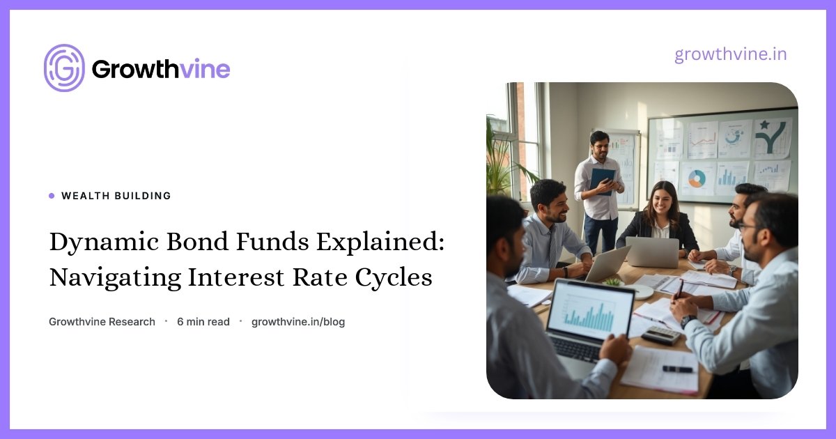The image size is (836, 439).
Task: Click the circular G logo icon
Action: (64, 68)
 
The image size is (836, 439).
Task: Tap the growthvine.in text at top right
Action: (731, 54)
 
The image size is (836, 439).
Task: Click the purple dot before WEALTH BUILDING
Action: (52, 196)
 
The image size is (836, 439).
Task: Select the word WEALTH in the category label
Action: (86, 196)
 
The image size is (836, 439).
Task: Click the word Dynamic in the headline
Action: (104, 242)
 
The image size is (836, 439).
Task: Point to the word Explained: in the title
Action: (380, 242)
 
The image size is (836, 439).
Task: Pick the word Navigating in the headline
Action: (116, 278)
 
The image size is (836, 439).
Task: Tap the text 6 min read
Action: (203, 322)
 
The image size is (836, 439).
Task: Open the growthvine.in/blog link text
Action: (298, 322)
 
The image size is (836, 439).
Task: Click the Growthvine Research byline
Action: (102, 322)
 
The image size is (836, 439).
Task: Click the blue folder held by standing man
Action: (602, 181)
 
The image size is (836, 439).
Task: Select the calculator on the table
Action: (661, 335)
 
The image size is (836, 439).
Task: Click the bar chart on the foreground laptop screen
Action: (589, 316)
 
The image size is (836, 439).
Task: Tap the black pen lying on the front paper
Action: (677, 369)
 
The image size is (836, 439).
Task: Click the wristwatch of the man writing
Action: (688, 321)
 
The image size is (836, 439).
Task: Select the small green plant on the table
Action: (614, 282)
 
